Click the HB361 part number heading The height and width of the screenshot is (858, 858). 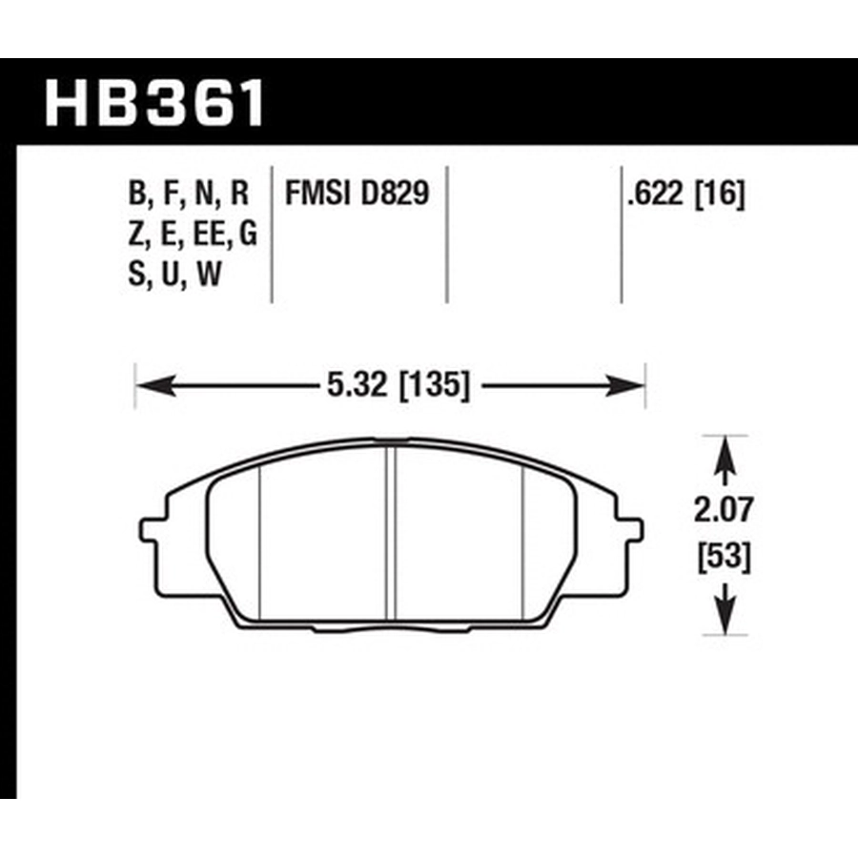[x=154, y=103]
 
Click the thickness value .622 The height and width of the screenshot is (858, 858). [x=656, y=194]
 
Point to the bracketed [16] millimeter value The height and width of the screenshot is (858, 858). [x=720, y=194]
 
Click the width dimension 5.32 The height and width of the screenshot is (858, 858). [x=357, y=385]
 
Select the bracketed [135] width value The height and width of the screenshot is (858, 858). [x=435, y=385]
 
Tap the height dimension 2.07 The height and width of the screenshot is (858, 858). [x=724, y=510]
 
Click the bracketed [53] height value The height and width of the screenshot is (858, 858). [x=724, y=558]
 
